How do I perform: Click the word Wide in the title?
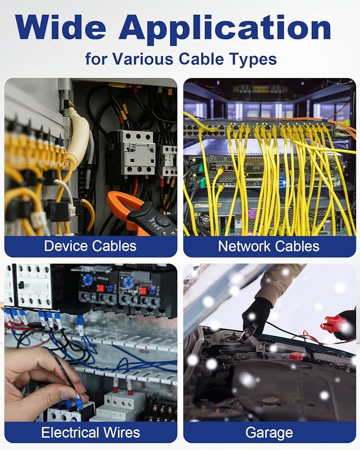[60, 27]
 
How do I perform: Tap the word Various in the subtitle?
[143, 59]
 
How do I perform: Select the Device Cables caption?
[90, 246]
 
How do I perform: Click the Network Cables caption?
[269, 246]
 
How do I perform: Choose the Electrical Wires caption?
[91, 433]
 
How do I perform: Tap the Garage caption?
[269, 433]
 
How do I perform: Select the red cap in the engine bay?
[296, 356]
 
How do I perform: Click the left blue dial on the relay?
[87, 279]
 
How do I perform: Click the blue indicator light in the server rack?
[284, 182]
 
